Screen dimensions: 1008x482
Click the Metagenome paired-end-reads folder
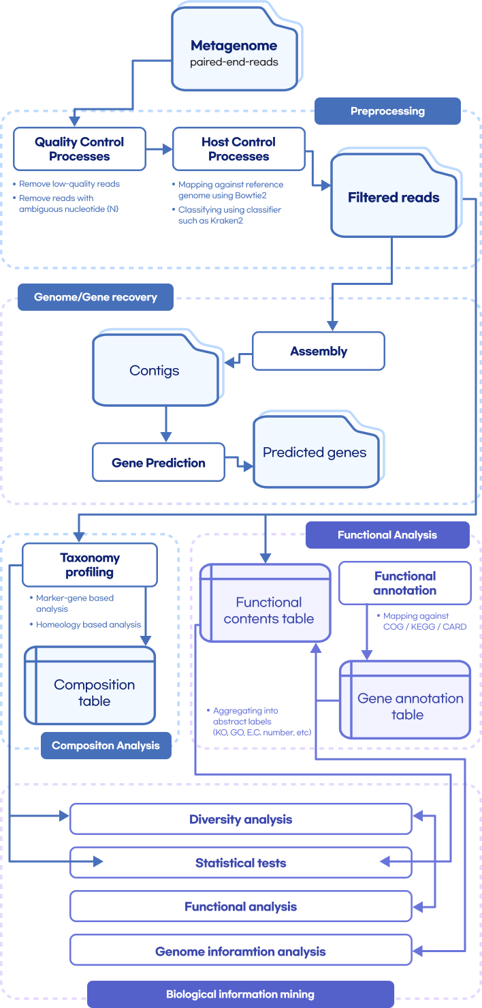[x=234, y=54]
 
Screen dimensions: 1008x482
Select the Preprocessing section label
[x=387, y=111]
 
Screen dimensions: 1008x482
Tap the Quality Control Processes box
[x=80, y=149]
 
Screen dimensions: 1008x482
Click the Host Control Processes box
[x=238, y=149]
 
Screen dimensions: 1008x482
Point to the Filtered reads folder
[x=393, y=198]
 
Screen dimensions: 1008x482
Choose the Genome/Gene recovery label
[x=95, y=297]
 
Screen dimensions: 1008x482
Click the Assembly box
[x=319, y=352]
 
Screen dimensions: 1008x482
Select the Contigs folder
[x=155, y=371]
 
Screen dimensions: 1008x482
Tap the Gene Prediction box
[x=159, y=463]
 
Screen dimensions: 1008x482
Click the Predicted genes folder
[x=315, y=453]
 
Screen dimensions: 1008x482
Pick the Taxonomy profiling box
[x=90, y=565]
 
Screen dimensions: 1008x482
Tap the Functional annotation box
[x=405, y=583]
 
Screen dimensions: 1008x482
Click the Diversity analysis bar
[x=241, y=819]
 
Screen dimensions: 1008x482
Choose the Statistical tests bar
[x=241, y=863]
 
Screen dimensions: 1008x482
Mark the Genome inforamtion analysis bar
[x=241, y=951]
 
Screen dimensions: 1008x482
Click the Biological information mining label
[x=240, y=994]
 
